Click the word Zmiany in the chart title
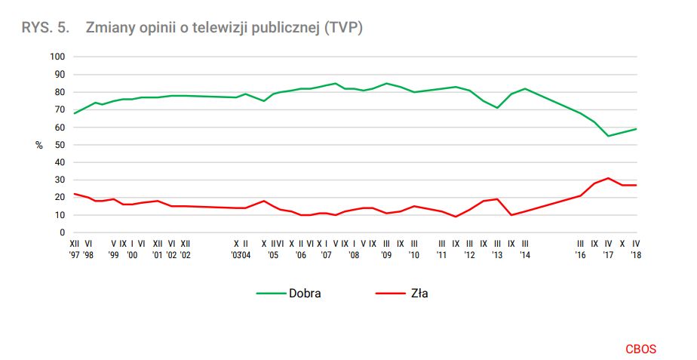tap(109, 28)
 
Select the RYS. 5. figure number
tap(45, 28)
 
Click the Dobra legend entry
tap(304, 293)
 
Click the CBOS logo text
tap(640, 349)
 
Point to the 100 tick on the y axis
tap(58, 57)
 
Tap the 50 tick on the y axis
tap(61, 145)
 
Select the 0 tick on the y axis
tap(63, 232)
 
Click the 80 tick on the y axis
tap(61, 92)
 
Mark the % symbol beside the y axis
tap(39, 145)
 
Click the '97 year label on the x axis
tap(74, 255)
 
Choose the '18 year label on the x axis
tap(636, 255)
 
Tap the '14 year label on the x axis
tap(524, 255)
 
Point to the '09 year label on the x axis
tap(386, 255)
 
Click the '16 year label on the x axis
tap(580, 255)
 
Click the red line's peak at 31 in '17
tap(608, 178)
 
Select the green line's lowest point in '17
tap(608, 136)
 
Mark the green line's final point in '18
tap(636, 128)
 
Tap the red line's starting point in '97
tap(74, 194)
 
